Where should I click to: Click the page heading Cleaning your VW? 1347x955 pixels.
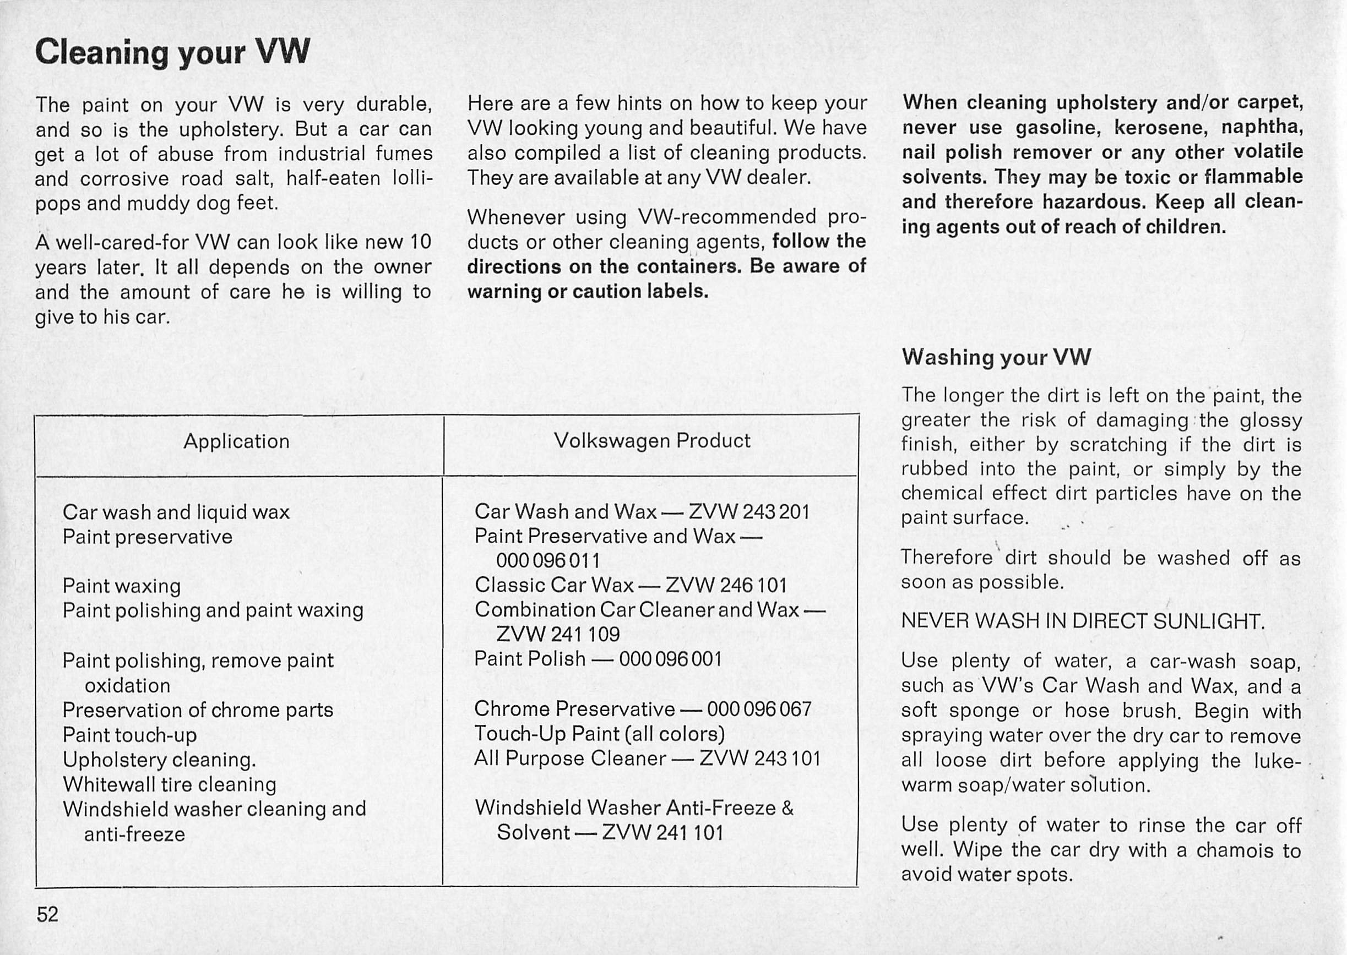(x=172, y=52)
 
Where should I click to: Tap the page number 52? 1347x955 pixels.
(x=48, y=915)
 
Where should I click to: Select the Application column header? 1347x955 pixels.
(x=236, y=441)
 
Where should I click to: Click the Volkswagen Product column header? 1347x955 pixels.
(x=651, y=440)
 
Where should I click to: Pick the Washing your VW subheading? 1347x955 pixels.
(x=996, y=357)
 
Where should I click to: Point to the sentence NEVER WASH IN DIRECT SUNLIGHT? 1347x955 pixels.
(x=1082, y=621)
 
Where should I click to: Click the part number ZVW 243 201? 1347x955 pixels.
(x=749, y=511)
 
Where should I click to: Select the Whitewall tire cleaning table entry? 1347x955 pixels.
(x=170, y=784)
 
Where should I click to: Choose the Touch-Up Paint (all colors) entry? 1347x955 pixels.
(x=599, y=733)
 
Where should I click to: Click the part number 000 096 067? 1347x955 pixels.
(x=759, y=708)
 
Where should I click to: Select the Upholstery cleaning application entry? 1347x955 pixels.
(x=159, y=760)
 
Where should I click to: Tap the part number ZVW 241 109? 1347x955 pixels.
(x=558, y=634)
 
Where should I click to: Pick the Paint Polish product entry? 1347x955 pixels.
(x=530, y=659)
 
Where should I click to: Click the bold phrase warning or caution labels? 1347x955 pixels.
(x=588, y=291)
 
